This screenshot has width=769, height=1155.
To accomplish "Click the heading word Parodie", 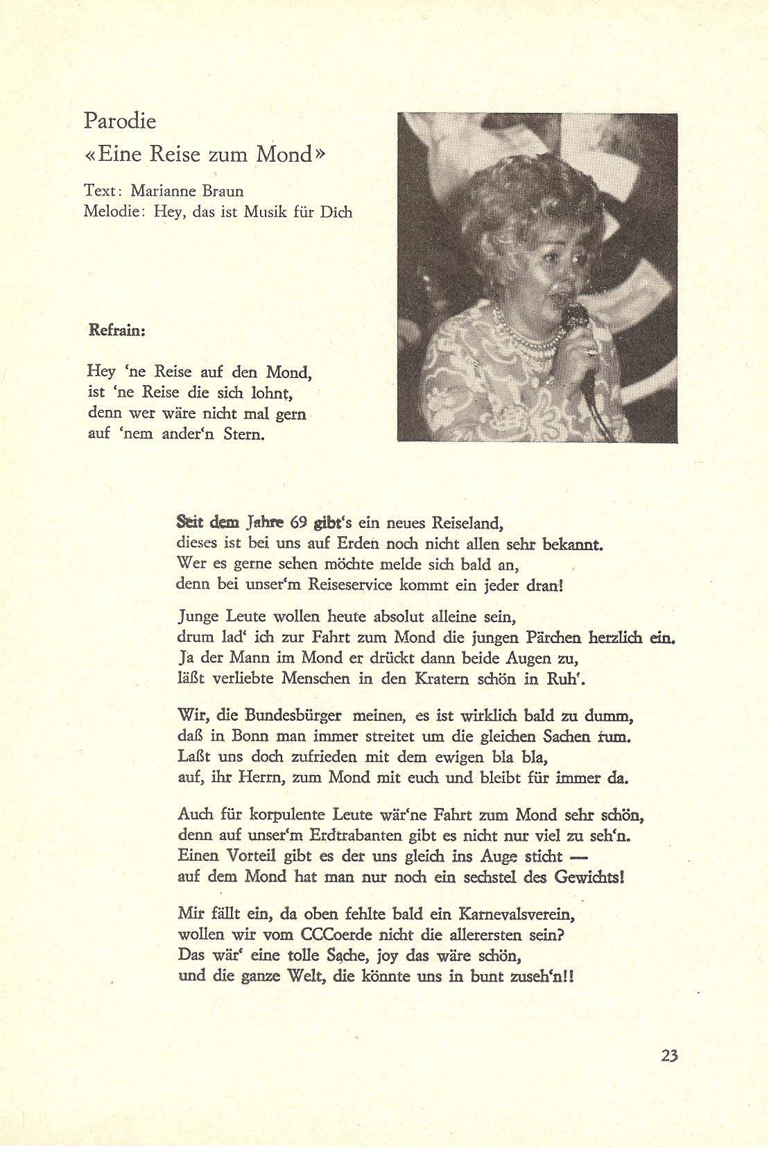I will (120, 121).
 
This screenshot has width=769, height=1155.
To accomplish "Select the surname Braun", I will (223, 191).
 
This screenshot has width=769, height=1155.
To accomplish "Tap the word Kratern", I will (442, 678).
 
